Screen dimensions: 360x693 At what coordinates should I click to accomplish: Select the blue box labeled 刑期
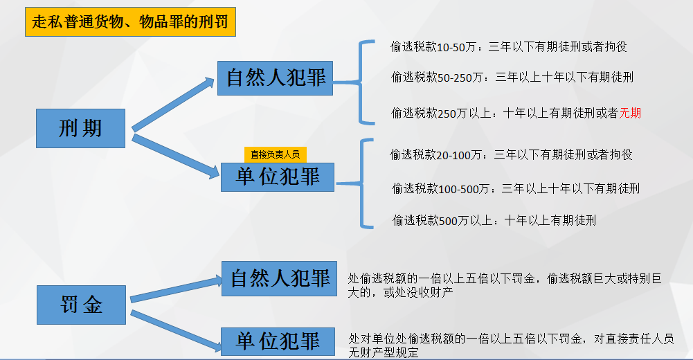point(80,128)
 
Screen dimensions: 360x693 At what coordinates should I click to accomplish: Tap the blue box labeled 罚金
point(80,305)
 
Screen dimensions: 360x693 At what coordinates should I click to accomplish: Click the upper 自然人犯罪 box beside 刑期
point(275,78)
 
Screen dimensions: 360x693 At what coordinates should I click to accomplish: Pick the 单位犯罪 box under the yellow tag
point(277,177)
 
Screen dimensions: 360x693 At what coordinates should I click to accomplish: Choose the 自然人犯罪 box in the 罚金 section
point(279,278)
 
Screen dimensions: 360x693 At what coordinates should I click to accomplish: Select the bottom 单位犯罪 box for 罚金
point(278,341)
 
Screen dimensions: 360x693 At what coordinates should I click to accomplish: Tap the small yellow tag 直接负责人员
point(275,154)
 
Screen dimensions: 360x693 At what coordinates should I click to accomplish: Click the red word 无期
point(631,113)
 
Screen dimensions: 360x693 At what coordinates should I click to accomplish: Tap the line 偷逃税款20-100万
point(511,155)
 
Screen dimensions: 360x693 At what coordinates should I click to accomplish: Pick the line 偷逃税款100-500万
point(515,188)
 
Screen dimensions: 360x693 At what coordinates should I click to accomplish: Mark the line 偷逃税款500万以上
point(494,221)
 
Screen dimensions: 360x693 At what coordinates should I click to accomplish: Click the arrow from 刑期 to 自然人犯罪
point(174,104)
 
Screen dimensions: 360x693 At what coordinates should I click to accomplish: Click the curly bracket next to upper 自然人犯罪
point(362,82)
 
